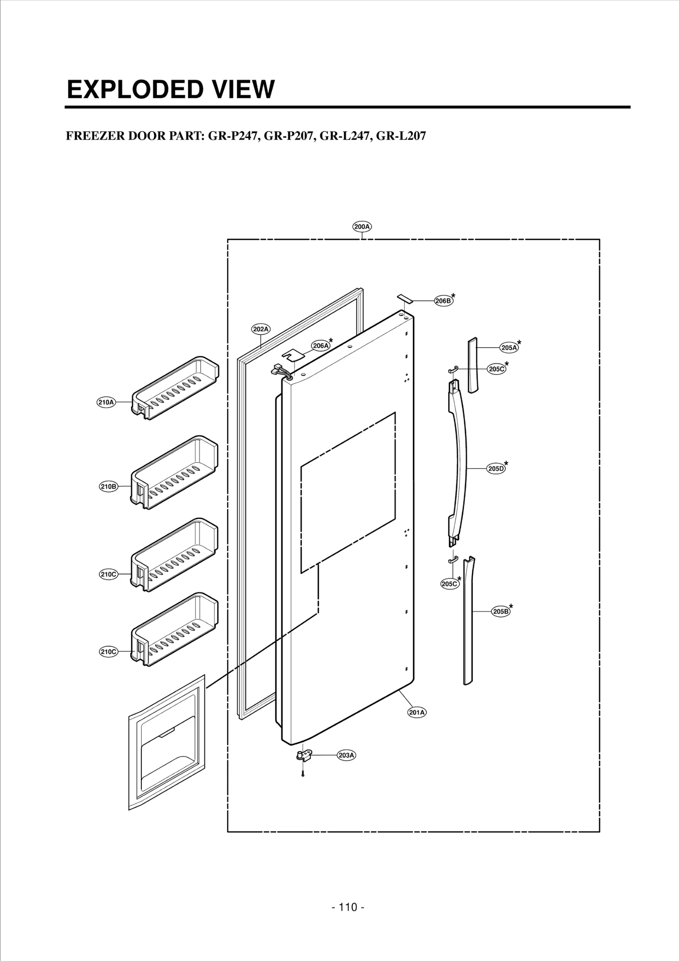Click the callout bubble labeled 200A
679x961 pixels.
click(x=362, y=227)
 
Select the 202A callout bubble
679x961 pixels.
click(x=261, y=329)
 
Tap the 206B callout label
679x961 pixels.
click(x=443, y=301)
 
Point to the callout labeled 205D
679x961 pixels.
click(x=496, y=469)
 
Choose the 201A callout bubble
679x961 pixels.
click(x=417, y=713)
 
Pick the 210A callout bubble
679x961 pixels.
click(x=106, y=402)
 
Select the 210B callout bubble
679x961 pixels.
click(x=108, y=486)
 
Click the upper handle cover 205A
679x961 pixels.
click(x=473, y=365)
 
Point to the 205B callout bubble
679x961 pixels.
click(x=501, y=611)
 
